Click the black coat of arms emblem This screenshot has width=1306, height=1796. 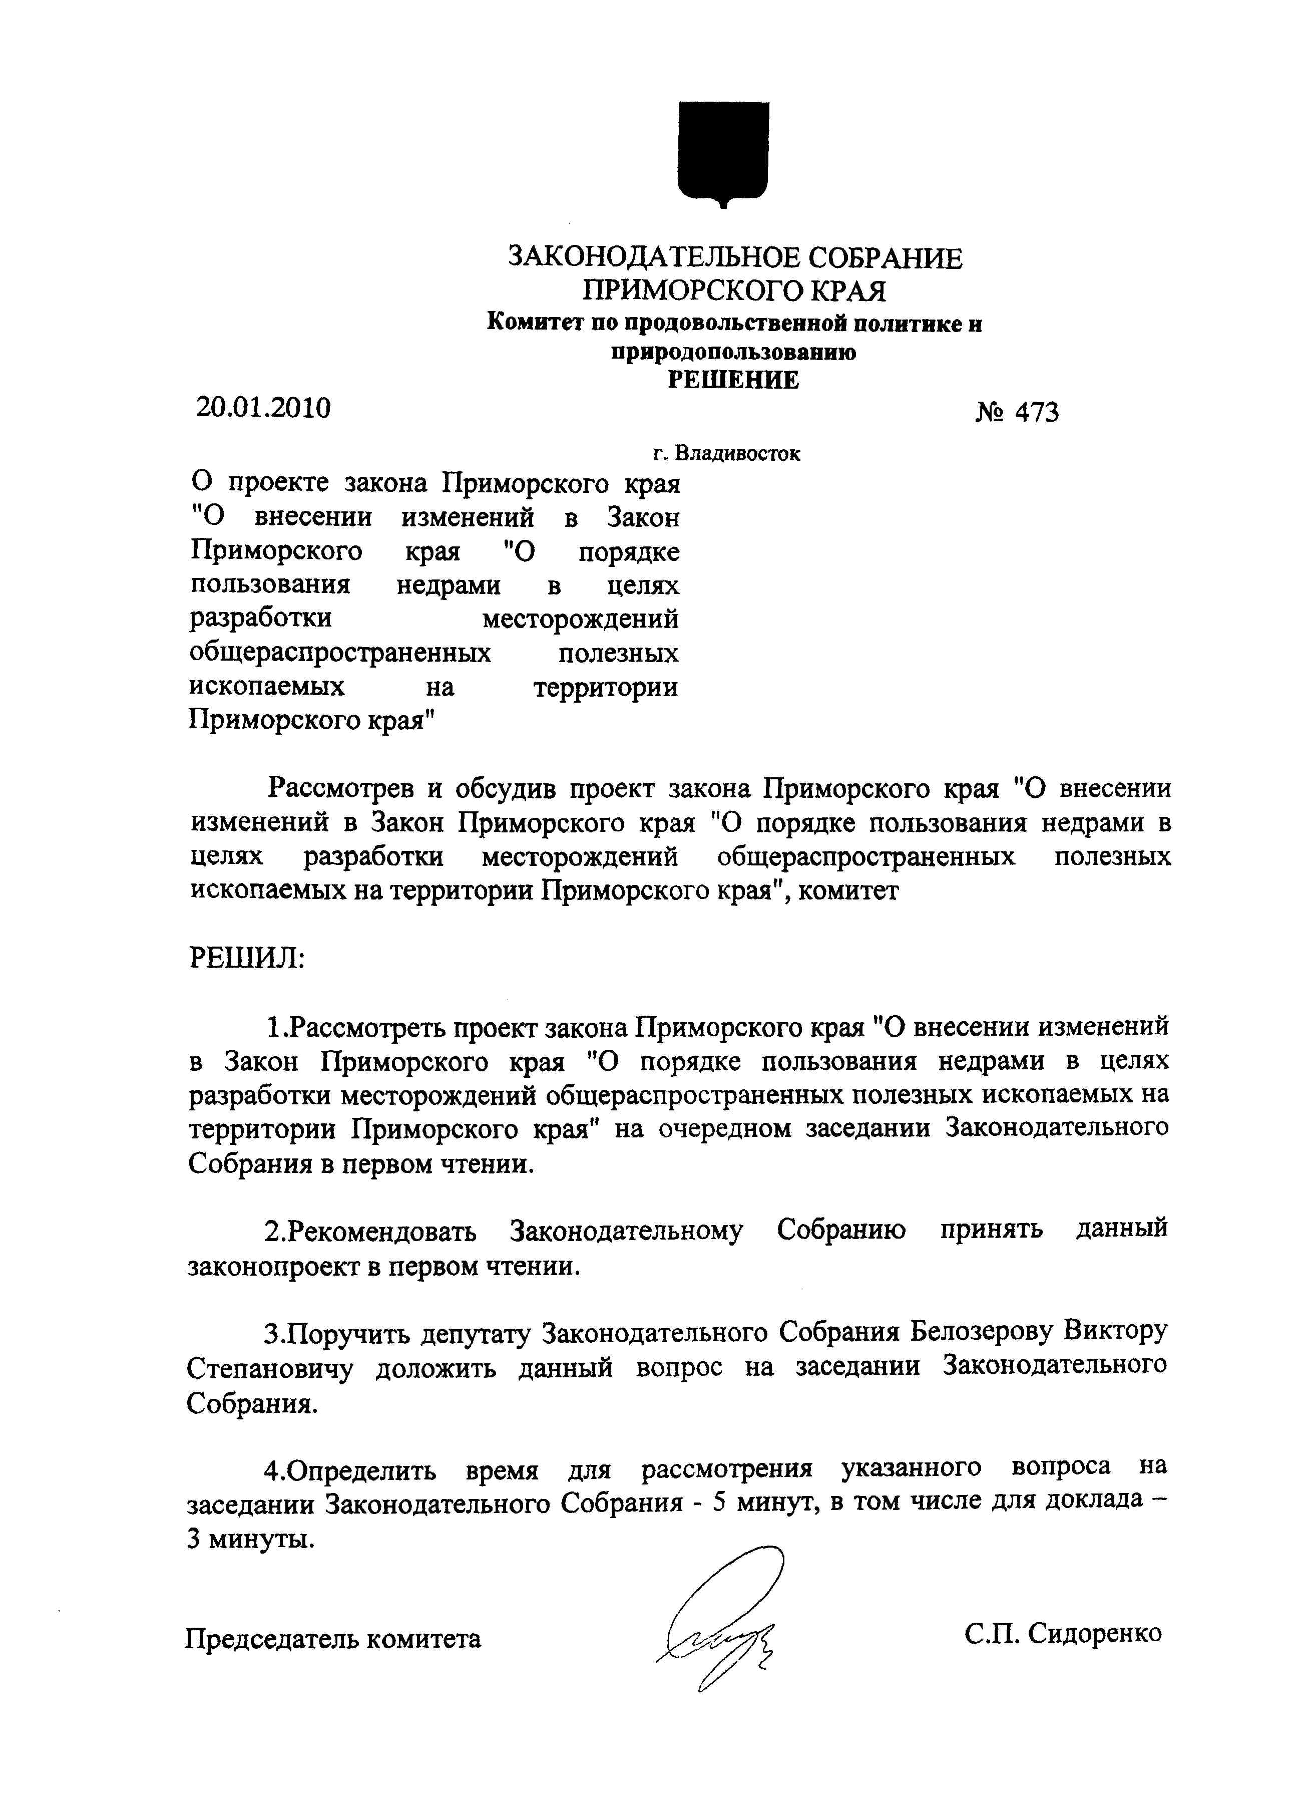(x=723, y=152)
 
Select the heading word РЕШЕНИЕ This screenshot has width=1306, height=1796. (x=733, y=380)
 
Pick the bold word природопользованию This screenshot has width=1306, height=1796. (x=733, y=352)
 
